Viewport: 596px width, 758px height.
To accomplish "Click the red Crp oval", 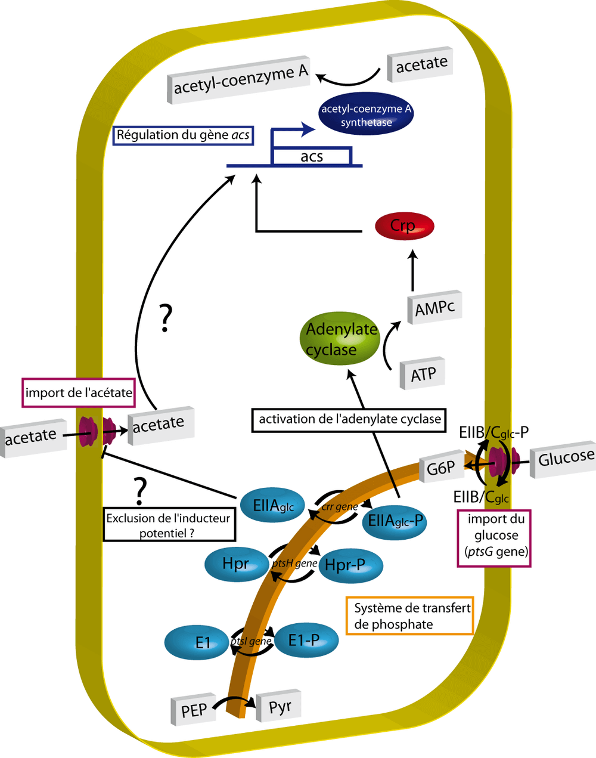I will (404, 226).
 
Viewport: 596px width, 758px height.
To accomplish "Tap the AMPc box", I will (434, 308).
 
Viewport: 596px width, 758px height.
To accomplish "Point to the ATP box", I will (423, 374).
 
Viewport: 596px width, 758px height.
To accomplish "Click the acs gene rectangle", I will (311, 156).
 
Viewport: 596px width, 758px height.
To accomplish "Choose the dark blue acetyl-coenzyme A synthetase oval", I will (366, 115).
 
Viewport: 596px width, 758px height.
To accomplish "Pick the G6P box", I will (442, 469).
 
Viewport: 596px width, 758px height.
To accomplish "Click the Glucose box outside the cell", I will (565, 458).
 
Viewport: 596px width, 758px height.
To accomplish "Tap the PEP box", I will (194, 710).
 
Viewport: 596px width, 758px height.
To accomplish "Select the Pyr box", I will (279, 707).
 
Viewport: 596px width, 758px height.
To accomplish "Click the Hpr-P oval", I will (350, 565).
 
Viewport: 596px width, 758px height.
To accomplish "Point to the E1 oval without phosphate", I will (196, 642).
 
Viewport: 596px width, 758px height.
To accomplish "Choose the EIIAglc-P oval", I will (395, 521).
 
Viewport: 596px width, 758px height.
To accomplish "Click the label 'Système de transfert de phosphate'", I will (410, 616).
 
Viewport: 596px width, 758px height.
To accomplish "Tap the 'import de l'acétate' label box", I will (78, 393).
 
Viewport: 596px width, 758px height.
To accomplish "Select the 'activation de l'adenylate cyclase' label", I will (349, 420).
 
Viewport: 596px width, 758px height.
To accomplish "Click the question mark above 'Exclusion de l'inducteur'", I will (141, 491).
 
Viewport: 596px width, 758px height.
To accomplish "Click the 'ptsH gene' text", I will (294, 564).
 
